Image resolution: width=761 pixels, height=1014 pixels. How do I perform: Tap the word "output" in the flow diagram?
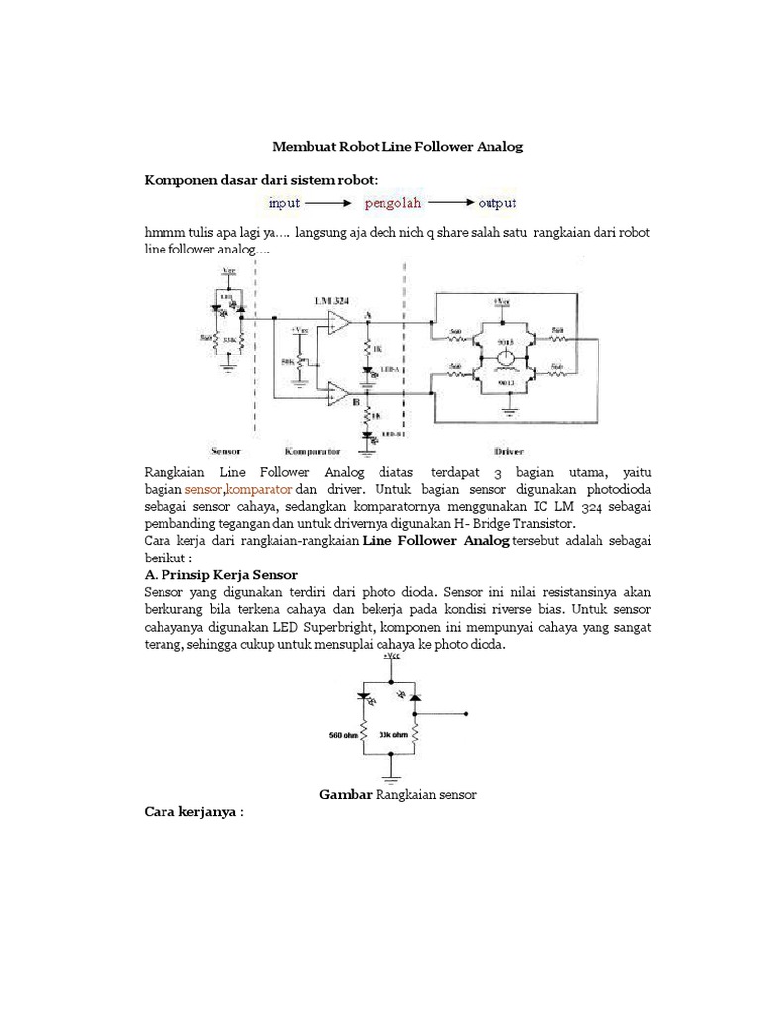point(497,204)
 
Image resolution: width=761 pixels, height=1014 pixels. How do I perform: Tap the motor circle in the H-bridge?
point(505,355)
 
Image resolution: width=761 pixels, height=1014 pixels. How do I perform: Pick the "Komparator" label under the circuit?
point(314,448)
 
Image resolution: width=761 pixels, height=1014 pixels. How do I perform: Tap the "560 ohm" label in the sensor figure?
point(342,735)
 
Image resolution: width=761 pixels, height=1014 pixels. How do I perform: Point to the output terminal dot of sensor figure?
point(472,713)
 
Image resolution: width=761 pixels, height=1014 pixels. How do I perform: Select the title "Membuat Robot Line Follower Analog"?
point(397,147)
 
